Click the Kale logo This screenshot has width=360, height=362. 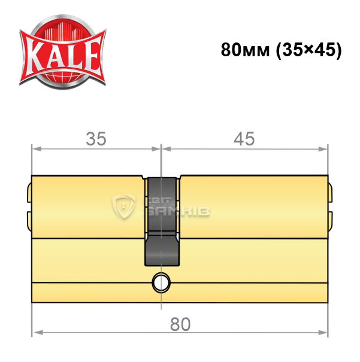click(x=63, y=51)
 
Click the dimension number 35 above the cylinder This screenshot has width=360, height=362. click(x=96, y=139)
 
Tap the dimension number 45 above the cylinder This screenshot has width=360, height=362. click(x=244, y=139)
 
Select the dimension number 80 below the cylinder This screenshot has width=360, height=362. click(x=180, y=324)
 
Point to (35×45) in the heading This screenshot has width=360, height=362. click(x=309, y=50)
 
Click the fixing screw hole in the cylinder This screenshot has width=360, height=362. click(x=161, y=283)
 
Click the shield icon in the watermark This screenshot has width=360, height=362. click(x=123, y=206)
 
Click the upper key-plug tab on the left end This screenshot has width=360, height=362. click(x=29, y=193)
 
